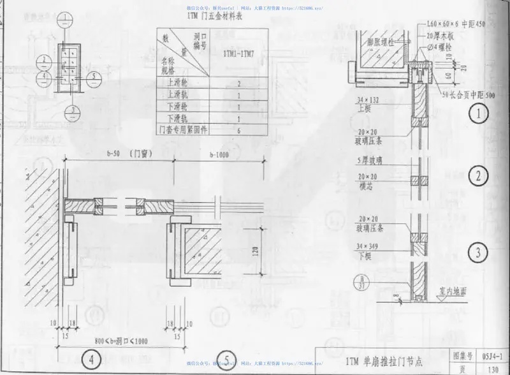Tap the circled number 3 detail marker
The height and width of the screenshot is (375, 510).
478,254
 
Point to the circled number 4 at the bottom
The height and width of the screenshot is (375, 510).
91,359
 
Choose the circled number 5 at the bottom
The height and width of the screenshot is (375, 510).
226,359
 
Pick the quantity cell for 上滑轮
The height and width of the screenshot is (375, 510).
238,83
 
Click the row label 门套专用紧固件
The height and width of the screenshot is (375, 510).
182,130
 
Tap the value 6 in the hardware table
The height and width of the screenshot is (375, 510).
238,130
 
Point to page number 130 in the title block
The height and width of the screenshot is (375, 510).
493,367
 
